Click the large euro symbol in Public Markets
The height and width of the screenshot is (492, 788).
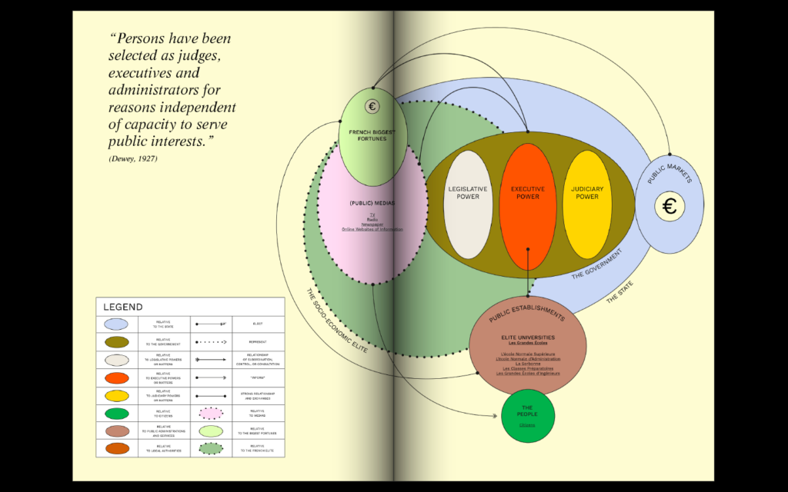(669, 206)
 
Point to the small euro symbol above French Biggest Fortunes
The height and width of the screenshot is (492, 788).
(372, 107)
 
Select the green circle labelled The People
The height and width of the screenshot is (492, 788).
(528, 415)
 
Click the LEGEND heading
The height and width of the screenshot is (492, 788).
(123, 307)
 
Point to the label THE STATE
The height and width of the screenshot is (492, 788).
(621, 291)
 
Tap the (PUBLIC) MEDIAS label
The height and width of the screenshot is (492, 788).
(372, 203)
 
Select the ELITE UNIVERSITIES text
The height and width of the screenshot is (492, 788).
(528, 337)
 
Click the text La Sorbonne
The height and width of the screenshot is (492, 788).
(528, 363)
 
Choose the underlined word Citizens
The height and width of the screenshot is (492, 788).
(527, 425)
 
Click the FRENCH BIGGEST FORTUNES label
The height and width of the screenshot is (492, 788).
(372, 135)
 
